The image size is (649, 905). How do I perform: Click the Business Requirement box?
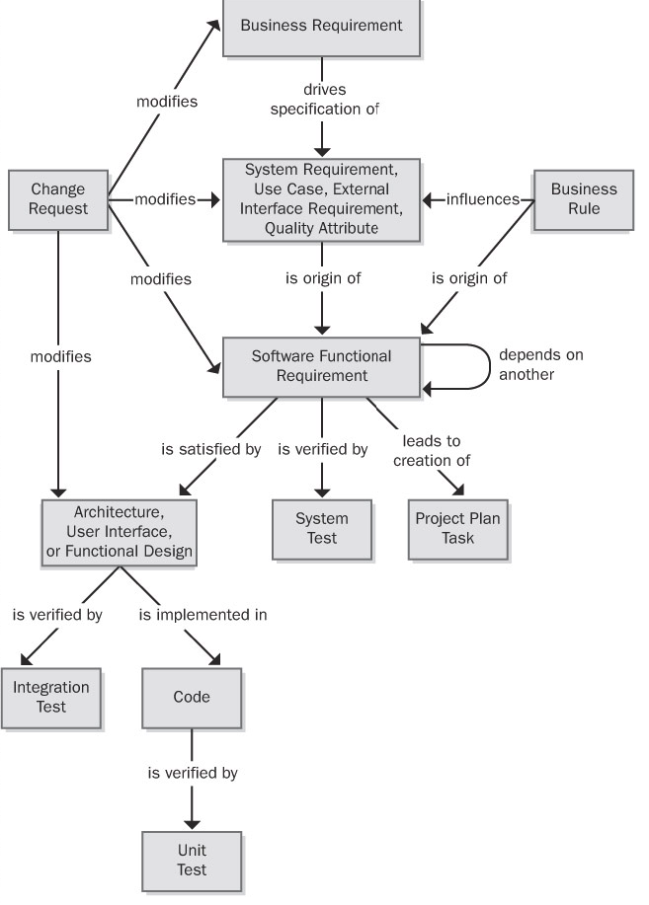click(322, 27)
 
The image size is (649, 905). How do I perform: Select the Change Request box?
click(58, 199)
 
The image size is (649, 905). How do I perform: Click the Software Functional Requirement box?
click(322, 366)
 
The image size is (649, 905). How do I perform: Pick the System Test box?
click(322, 529)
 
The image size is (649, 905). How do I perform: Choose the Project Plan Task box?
click(457, 529)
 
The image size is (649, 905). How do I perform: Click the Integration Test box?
click(51, 698)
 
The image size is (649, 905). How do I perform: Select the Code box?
click(192, 698)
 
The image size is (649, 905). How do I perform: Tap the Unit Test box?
click(192, 861)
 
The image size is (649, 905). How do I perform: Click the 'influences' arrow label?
click(483, 199)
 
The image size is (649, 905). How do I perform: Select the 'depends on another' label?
click(540, 365)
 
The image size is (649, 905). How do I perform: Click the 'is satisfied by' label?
click(210, 450)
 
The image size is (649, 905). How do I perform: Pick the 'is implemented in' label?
click(203, 615)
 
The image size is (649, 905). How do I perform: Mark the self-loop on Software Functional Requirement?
click(488, 366)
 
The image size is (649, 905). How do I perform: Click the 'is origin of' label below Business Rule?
click(469, 278)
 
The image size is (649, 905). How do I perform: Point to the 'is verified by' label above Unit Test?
click(192, 773)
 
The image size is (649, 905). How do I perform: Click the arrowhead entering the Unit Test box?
click(192, 822)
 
